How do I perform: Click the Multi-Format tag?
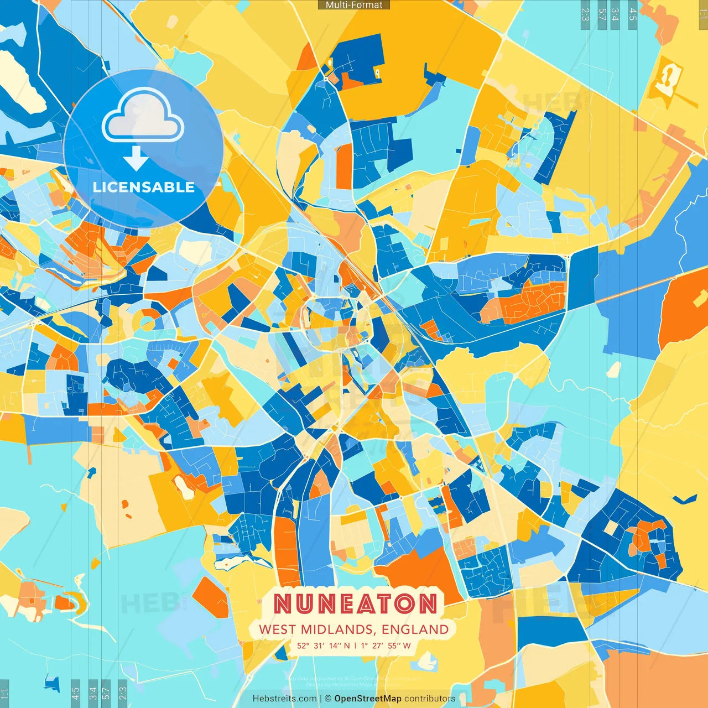354,5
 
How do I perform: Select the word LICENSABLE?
144,187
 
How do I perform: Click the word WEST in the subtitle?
277,629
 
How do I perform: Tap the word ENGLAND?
415,629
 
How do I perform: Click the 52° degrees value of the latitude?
303,645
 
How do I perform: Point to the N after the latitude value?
347,645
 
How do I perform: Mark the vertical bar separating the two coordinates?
355,645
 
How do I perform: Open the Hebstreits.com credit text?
284,699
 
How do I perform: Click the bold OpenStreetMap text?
368,699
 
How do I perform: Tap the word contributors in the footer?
430,699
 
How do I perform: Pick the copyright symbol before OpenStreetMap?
328,699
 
